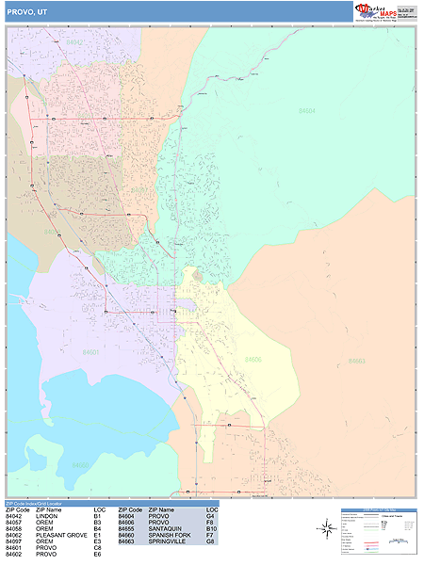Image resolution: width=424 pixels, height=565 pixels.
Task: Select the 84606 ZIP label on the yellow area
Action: (253, 359)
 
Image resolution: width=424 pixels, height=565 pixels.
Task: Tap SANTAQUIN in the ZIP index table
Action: (166, 529)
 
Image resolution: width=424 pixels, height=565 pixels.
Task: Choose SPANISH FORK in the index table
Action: (171, 536)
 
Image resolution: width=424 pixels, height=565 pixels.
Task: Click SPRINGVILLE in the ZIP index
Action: (169, 542)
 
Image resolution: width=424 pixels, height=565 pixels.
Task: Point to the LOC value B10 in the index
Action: (211, 529)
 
